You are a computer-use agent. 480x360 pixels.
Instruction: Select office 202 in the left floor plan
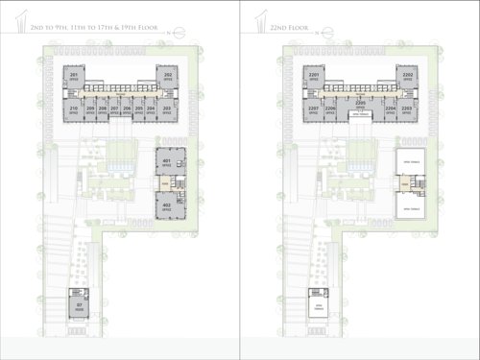click(167, 78)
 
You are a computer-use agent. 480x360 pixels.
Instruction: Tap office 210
click(74, 111)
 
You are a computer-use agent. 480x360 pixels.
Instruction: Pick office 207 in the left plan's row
click(114, 111)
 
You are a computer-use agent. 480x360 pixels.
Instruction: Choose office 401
click(166, 162)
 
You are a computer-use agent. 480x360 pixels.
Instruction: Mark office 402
click(166, 205)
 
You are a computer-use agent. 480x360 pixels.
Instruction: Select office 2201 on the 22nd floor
click(314, 78)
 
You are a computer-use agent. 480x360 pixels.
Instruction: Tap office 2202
click(407, 78)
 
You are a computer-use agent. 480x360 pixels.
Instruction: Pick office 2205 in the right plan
click(360, 103)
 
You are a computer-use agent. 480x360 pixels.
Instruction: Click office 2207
click(314, 111)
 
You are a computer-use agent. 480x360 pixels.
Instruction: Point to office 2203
click(407, 111)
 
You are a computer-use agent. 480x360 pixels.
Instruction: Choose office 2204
click(390, 111)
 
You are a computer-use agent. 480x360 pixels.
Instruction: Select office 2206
click(331, 111)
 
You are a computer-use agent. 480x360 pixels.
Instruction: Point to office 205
click(139, 111)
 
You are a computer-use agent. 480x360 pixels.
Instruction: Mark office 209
click(90, 111)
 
